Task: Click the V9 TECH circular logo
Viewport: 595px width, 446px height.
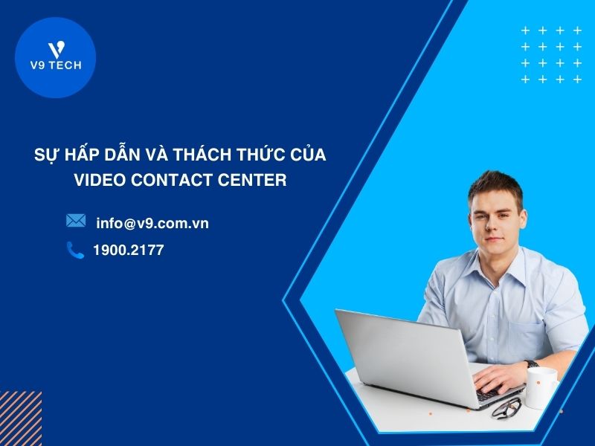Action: (55, 58)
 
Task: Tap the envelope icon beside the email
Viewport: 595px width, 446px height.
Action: (76, 221)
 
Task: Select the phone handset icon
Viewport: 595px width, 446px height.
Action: (75, 251)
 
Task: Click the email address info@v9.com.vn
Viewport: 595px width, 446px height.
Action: (152, 222)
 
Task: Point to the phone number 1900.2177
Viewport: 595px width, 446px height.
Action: (128, 251)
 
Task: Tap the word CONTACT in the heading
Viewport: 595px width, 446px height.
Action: (178, 180)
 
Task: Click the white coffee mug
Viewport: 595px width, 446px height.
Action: (540, 387)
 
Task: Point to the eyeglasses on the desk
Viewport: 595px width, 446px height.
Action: (506, 407)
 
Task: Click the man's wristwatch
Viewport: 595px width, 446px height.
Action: (531, 364)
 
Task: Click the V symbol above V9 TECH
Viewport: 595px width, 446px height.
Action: (55, 49)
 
